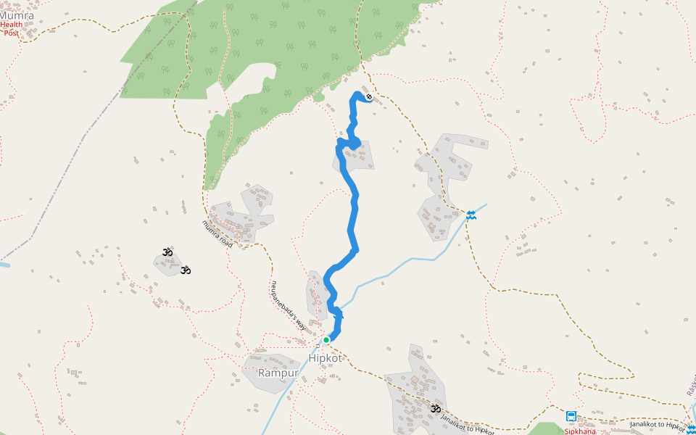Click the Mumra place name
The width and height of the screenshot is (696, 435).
(x=17, y=14)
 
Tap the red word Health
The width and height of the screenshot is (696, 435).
(x=11, y=25)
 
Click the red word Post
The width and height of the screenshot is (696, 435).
(x=11, y=33)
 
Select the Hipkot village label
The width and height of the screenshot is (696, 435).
(x=324, y=358)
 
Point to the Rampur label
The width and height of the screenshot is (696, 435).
(x=278, y=373)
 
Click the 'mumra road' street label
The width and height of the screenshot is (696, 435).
(x=217, y=234)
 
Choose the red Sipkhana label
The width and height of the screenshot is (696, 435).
(x=580, y=431)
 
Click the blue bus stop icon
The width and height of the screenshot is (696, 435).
(x=571, y=416)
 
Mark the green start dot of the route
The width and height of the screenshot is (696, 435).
(x=326, y=339)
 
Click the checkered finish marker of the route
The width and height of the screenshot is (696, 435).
(x=369, y=96)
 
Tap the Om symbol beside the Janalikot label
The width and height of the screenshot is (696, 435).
(x=435, y=410)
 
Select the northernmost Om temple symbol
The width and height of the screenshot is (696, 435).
(x=167, y=252)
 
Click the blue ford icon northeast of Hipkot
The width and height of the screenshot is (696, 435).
(x=471, y=215)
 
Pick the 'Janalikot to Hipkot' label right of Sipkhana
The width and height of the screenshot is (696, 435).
(x=658, y=426)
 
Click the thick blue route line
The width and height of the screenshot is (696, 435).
(x=354, y=210)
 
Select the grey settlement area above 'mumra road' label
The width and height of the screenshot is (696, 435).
(x=243, y=217)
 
